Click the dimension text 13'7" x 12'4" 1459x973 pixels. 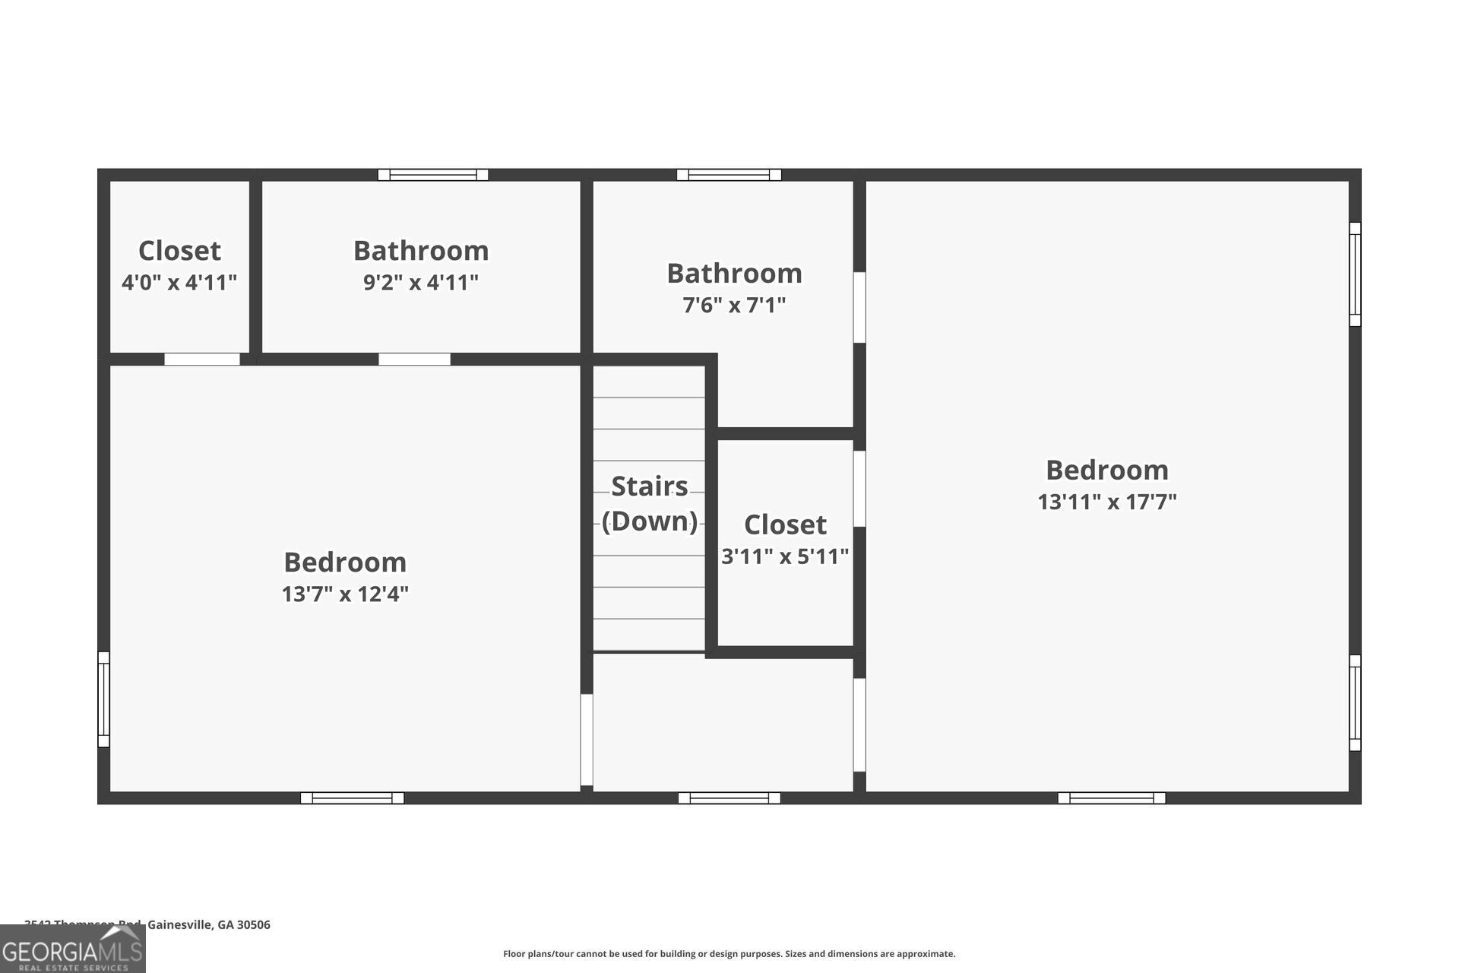click(345, 594)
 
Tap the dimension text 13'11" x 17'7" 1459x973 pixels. click(1107, 502)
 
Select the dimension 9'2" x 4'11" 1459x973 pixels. click(421, 283)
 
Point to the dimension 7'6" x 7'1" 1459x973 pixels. click(734, 306)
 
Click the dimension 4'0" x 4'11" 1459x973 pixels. click(179, 283)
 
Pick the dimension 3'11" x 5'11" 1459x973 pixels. click(785, 556)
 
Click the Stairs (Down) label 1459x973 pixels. click(650, 503)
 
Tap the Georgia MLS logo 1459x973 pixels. click(73, 949)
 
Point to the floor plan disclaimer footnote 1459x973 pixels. click(729, 954)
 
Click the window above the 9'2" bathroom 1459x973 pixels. click(433, 175)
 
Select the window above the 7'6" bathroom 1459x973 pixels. click(729, 175)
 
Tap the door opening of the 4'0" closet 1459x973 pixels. click(202, 360)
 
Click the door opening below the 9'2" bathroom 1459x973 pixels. click(414, 360)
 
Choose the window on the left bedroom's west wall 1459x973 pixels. click(104, 699)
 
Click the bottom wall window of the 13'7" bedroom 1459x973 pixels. click(353, 798)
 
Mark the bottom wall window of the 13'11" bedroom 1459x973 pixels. click(1112, 798)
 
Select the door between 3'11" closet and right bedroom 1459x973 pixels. click(859, 489)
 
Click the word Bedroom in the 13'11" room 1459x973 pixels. click(1107, 470)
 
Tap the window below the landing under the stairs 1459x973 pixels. click(729, 798)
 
